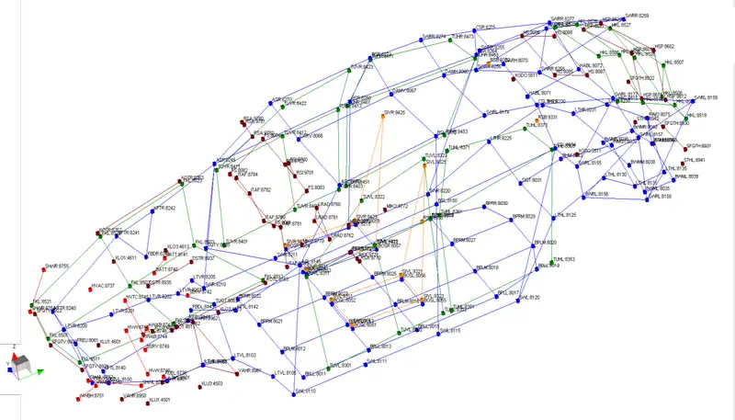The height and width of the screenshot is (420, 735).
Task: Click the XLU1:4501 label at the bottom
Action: click(161, 401)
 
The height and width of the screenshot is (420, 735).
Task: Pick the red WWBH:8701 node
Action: click(84, 395)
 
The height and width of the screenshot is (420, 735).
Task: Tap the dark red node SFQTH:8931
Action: click(686, 147)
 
